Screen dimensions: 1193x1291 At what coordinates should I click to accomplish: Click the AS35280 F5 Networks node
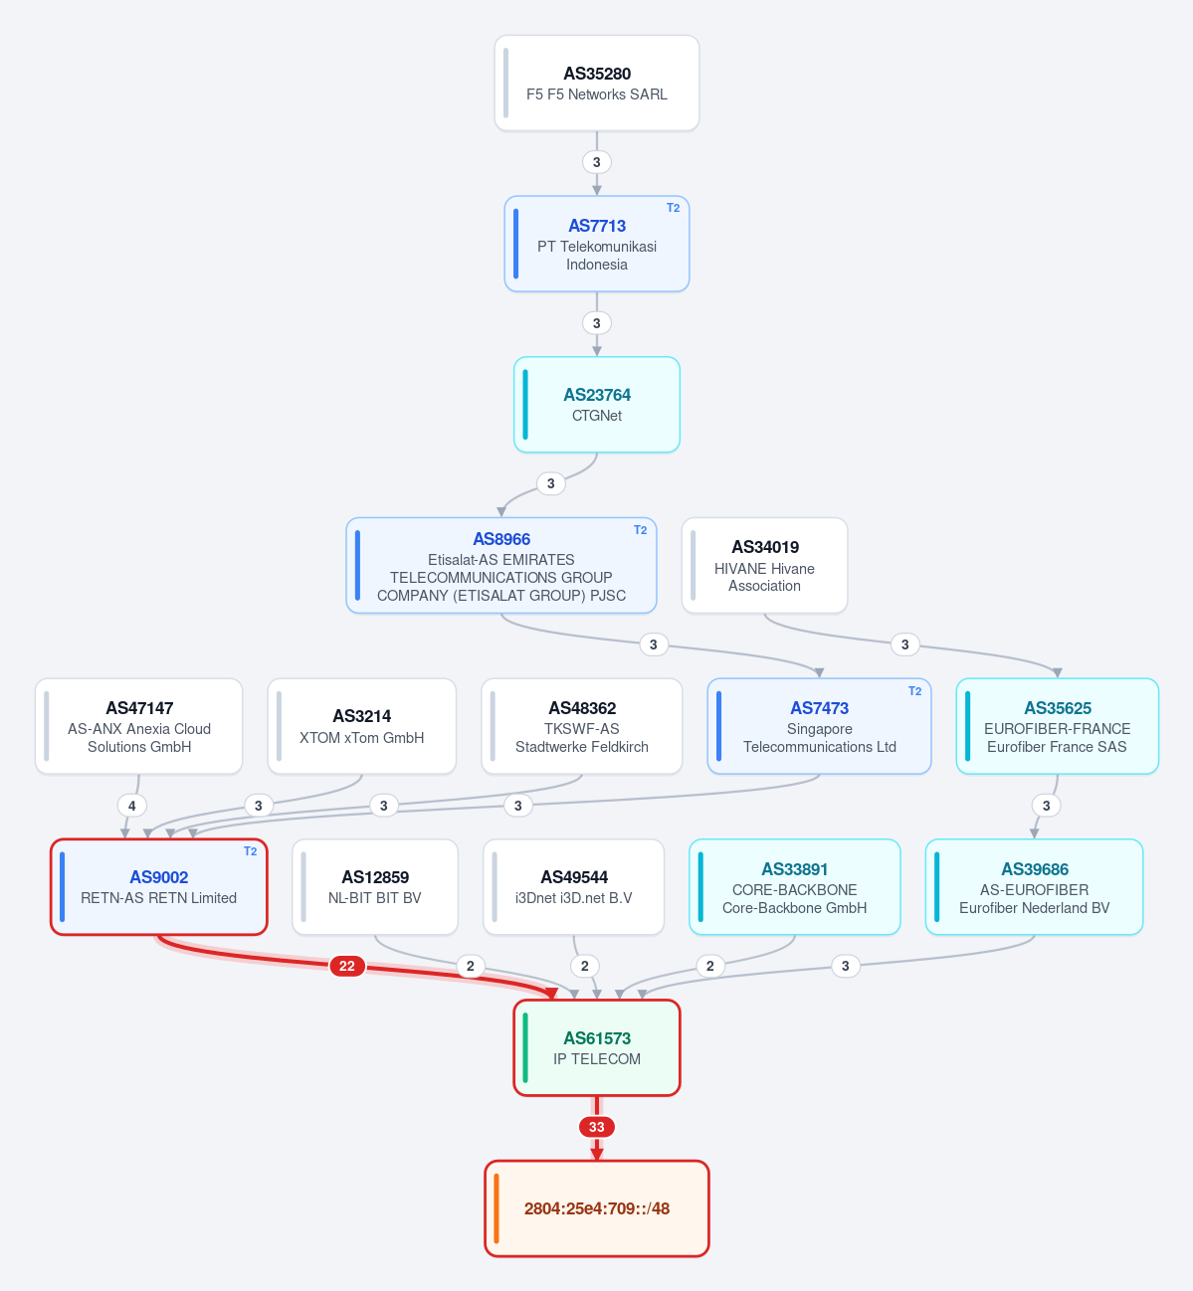pyautogui.click(x=597, y=84)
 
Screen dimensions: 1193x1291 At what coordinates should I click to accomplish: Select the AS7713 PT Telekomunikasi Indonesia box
pyautogui.click(x=597, y=244)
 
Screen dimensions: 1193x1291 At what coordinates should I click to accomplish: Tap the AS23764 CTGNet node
pyautogui.click(x=597, y=405)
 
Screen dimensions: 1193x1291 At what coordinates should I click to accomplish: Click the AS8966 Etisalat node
pyautogui.click(x=500, y=566)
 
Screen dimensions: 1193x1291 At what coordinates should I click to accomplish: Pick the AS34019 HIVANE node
pyautogui.click(x=764, y=566)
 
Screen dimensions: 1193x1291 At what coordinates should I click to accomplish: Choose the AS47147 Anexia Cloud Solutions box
pyautogui.click(x=138, y=726)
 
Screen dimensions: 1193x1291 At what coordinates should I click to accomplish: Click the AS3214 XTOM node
pyautogui.click(x=361, y=726)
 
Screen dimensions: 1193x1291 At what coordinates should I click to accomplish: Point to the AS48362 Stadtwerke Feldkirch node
pyautogui.click(x=581, y=726)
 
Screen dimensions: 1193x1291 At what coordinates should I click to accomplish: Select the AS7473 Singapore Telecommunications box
pyautogui.click(x=819, y=726)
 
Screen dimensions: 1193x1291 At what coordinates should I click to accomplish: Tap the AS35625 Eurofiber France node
pyautogui.click(x=1057, y=726)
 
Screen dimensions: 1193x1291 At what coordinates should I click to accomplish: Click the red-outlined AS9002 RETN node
pyautogui.click(x=159, y=886)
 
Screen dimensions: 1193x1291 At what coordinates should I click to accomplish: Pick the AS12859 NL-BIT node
pyautogui.click(x=375, y=886)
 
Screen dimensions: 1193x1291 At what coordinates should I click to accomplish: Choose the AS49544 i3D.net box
pyautogui.click(x=573, y=886)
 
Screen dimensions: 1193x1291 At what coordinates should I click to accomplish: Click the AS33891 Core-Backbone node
pyautogui.click(x=794, y=886)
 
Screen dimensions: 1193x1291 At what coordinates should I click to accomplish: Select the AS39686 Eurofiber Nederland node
pyautogui.click(x=1034, y=886)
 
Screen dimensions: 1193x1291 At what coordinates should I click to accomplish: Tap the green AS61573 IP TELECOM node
pyautogui.click(x=597, y=1048)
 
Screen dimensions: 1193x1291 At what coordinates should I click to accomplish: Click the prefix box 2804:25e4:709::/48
pyautogui.click(x=597, y=1208)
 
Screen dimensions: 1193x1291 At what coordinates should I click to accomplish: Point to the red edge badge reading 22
pyautogui.click(x=346, y=966)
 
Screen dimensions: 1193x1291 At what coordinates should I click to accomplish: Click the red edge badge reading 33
pyautogui.click(x=597, y=1127)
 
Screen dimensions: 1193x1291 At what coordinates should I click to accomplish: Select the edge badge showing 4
pyautogui.click(x=132, y=806)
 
